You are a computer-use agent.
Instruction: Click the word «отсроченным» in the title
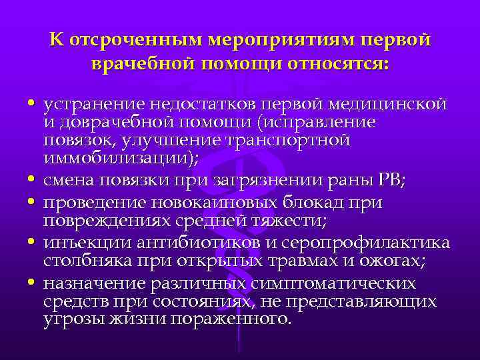tap(134, 39)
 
